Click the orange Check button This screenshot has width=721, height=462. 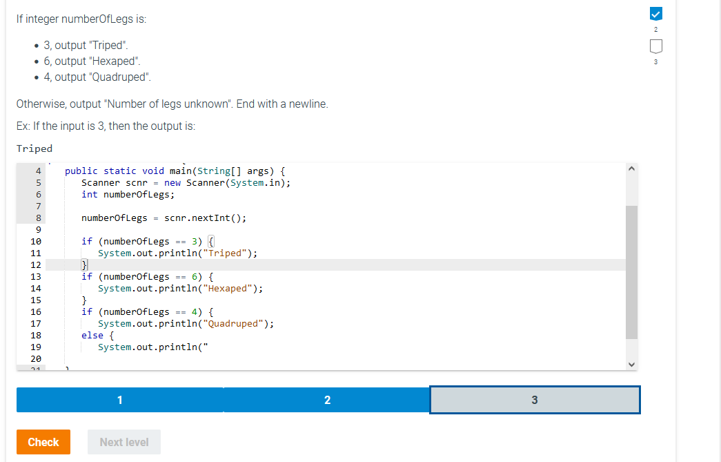click(x=43, y=442)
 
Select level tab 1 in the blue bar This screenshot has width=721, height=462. click(x=120, y=400)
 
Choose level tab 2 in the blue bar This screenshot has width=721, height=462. click(x=327, y=400)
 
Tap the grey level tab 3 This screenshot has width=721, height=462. click(x=535, y=400)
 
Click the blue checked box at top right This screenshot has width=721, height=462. click(x=655, y=13)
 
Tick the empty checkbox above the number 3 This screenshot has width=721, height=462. click(x=655, y=46)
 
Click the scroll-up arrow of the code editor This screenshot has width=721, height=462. click(x=631, y=169)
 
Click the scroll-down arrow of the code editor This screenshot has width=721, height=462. click(x=631, y=364)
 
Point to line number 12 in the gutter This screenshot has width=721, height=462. click(x=36, y=264)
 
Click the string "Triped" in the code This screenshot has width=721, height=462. click(x=228, y=253)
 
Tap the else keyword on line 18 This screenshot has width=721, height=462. click(x=92, y=335)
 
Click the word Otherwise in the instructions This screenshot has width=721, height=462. click(x=41, y=104)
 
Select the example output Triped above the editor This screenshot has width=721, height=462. click(x=34, y=148)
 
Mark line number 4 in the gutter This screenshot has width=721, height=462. click(x=39, y=171)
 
